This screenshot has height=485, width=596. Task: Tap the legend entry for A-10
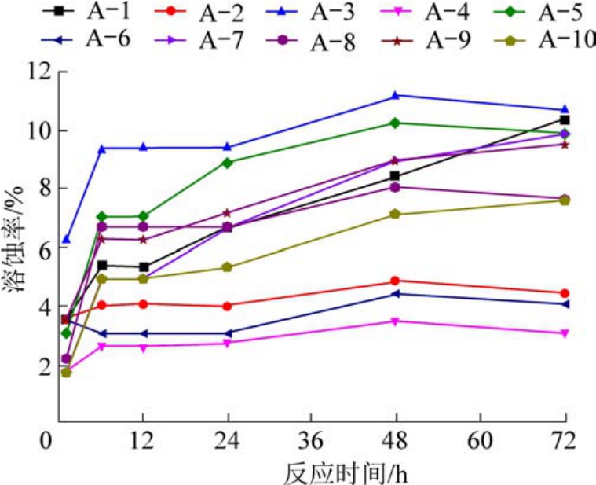(542, 39)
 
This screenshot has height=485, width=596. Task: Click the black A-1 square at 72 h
(564, 119)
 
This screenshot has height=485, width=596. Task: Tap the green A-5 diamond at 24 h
(228, 163)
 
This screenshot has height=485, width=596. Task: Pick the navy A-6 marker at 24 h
(228, 333)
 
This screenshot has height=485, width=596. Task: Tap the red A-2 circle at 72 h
(564, 293)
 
